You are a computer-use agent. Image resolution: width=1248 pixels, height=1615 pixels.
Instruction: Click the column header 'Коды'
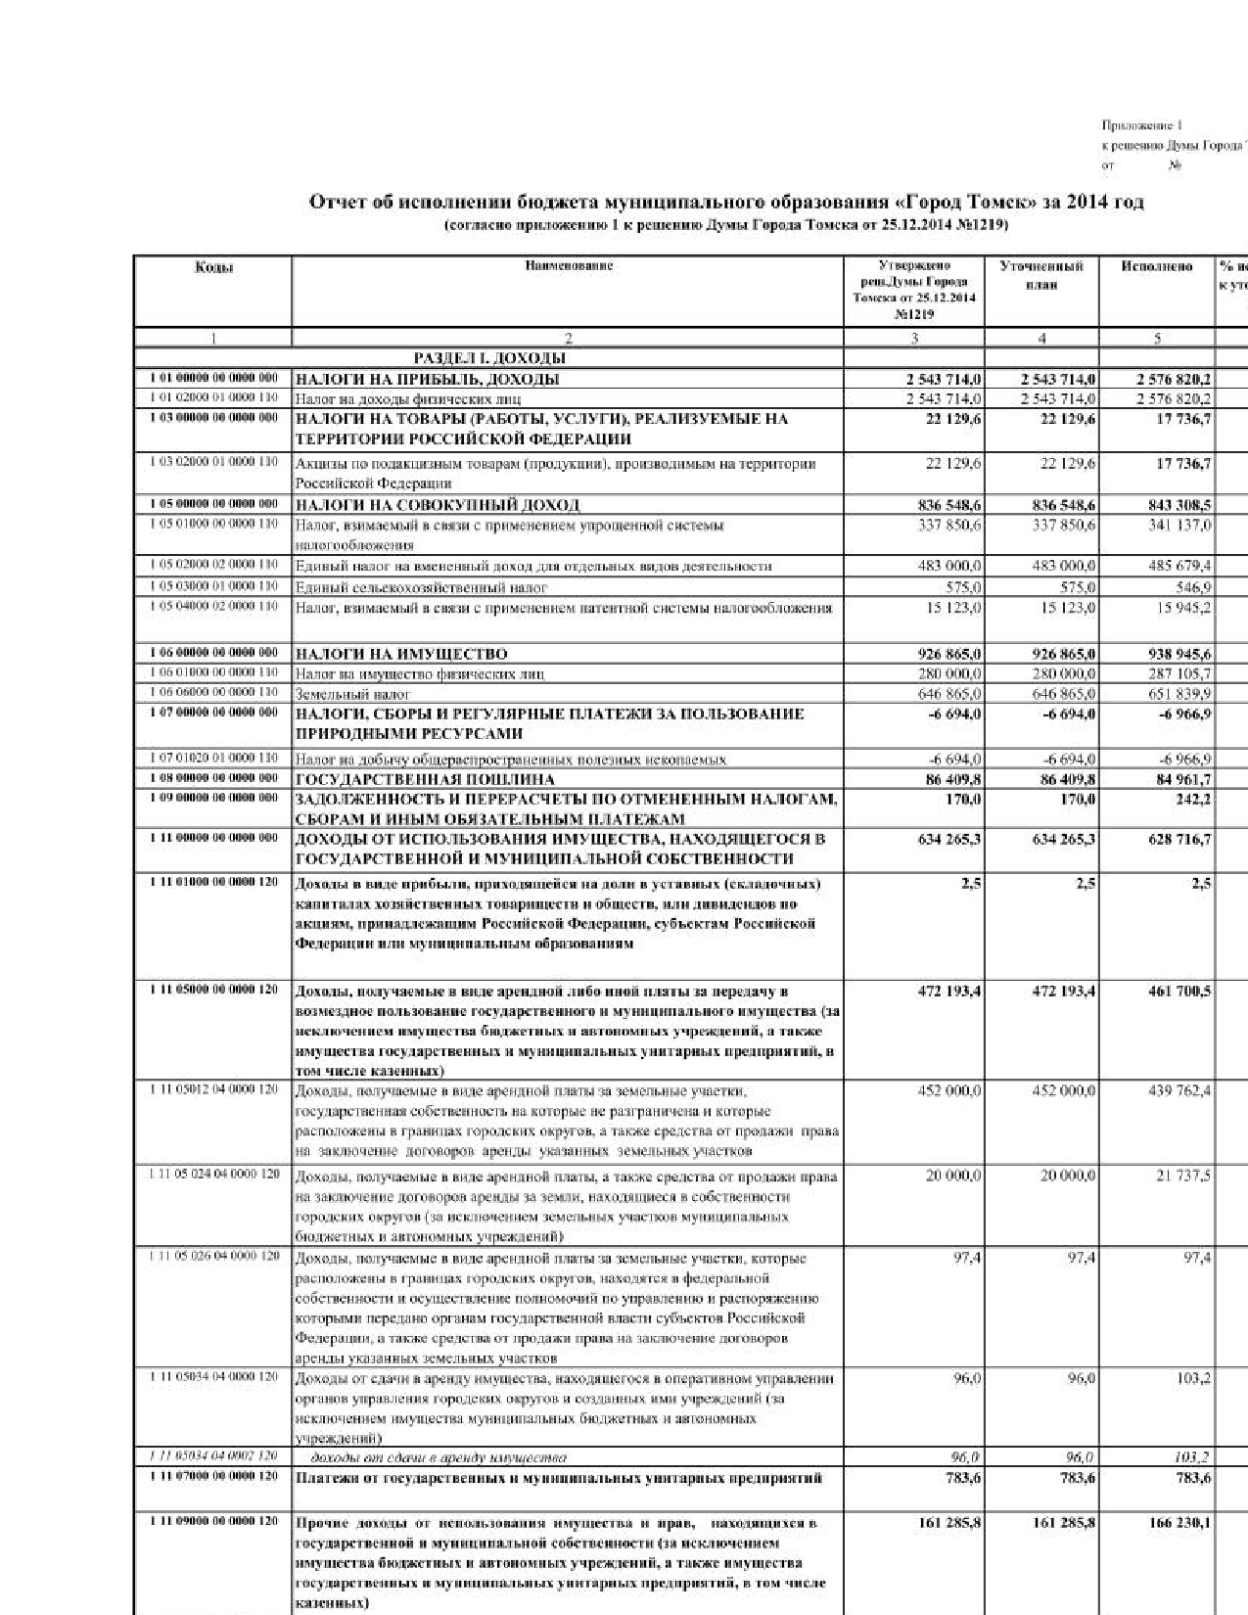pyautogui.click(x=212, y=266)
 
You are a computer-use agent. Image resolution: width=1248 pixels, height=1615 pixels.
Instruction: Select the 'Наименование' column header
pyautogui.click(x=568, y=266)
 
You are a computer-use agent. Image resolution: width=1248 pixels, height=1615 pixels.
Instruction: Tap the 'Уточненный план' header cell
pyautogui.click(x=1041, y=275)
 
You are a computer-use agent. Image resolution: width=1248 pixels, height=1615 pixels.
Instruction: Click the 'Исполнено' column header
pyautogui.click(x=1157, y=266)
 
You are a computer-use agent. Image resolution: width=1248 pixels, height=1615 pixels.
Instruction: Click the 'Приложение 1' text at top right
pyautogui.click(x=1141, y=125)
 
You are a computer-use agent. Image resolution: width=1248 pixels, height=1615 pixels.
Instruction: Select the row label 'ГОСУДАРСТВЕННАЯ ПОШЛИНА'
pyautogui.click(x=425, y=780)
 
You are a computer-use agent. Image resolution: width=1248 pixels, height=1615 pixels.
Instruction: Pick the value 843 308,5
pyautogui.click(x=1174, y=505)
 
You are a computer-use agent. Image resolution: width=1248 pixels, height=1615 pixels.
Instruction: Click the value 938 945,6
pyautogui.click(x=1174, y=654)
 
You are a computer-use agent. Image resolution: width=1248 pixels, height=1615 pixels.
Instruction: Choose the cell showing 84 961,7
pyautogui.click(x=1178, y=780)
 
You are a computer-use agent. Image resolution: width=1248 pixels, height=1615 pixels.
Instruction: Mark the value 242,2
pyautogui.click(x=1191, y=800)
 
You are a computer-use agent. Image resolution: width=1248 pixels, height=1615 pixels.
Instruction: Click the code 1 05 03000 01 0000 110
pyautogui.click(x=213, y=586)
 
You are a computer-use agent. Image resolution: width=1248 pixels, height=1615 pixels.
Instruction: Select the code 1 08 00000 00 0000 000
pyautogui.click(x=213, y=779)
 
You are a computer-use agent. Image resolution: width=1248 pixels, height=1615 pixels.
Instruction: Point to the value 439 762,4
pyautogui.click(x=1178, y=1091)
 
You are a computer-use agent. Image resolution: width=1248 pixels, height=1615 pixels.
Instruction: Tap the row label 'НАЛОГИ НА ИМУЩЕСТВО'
pyautogui.click(x=401, y=654)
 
